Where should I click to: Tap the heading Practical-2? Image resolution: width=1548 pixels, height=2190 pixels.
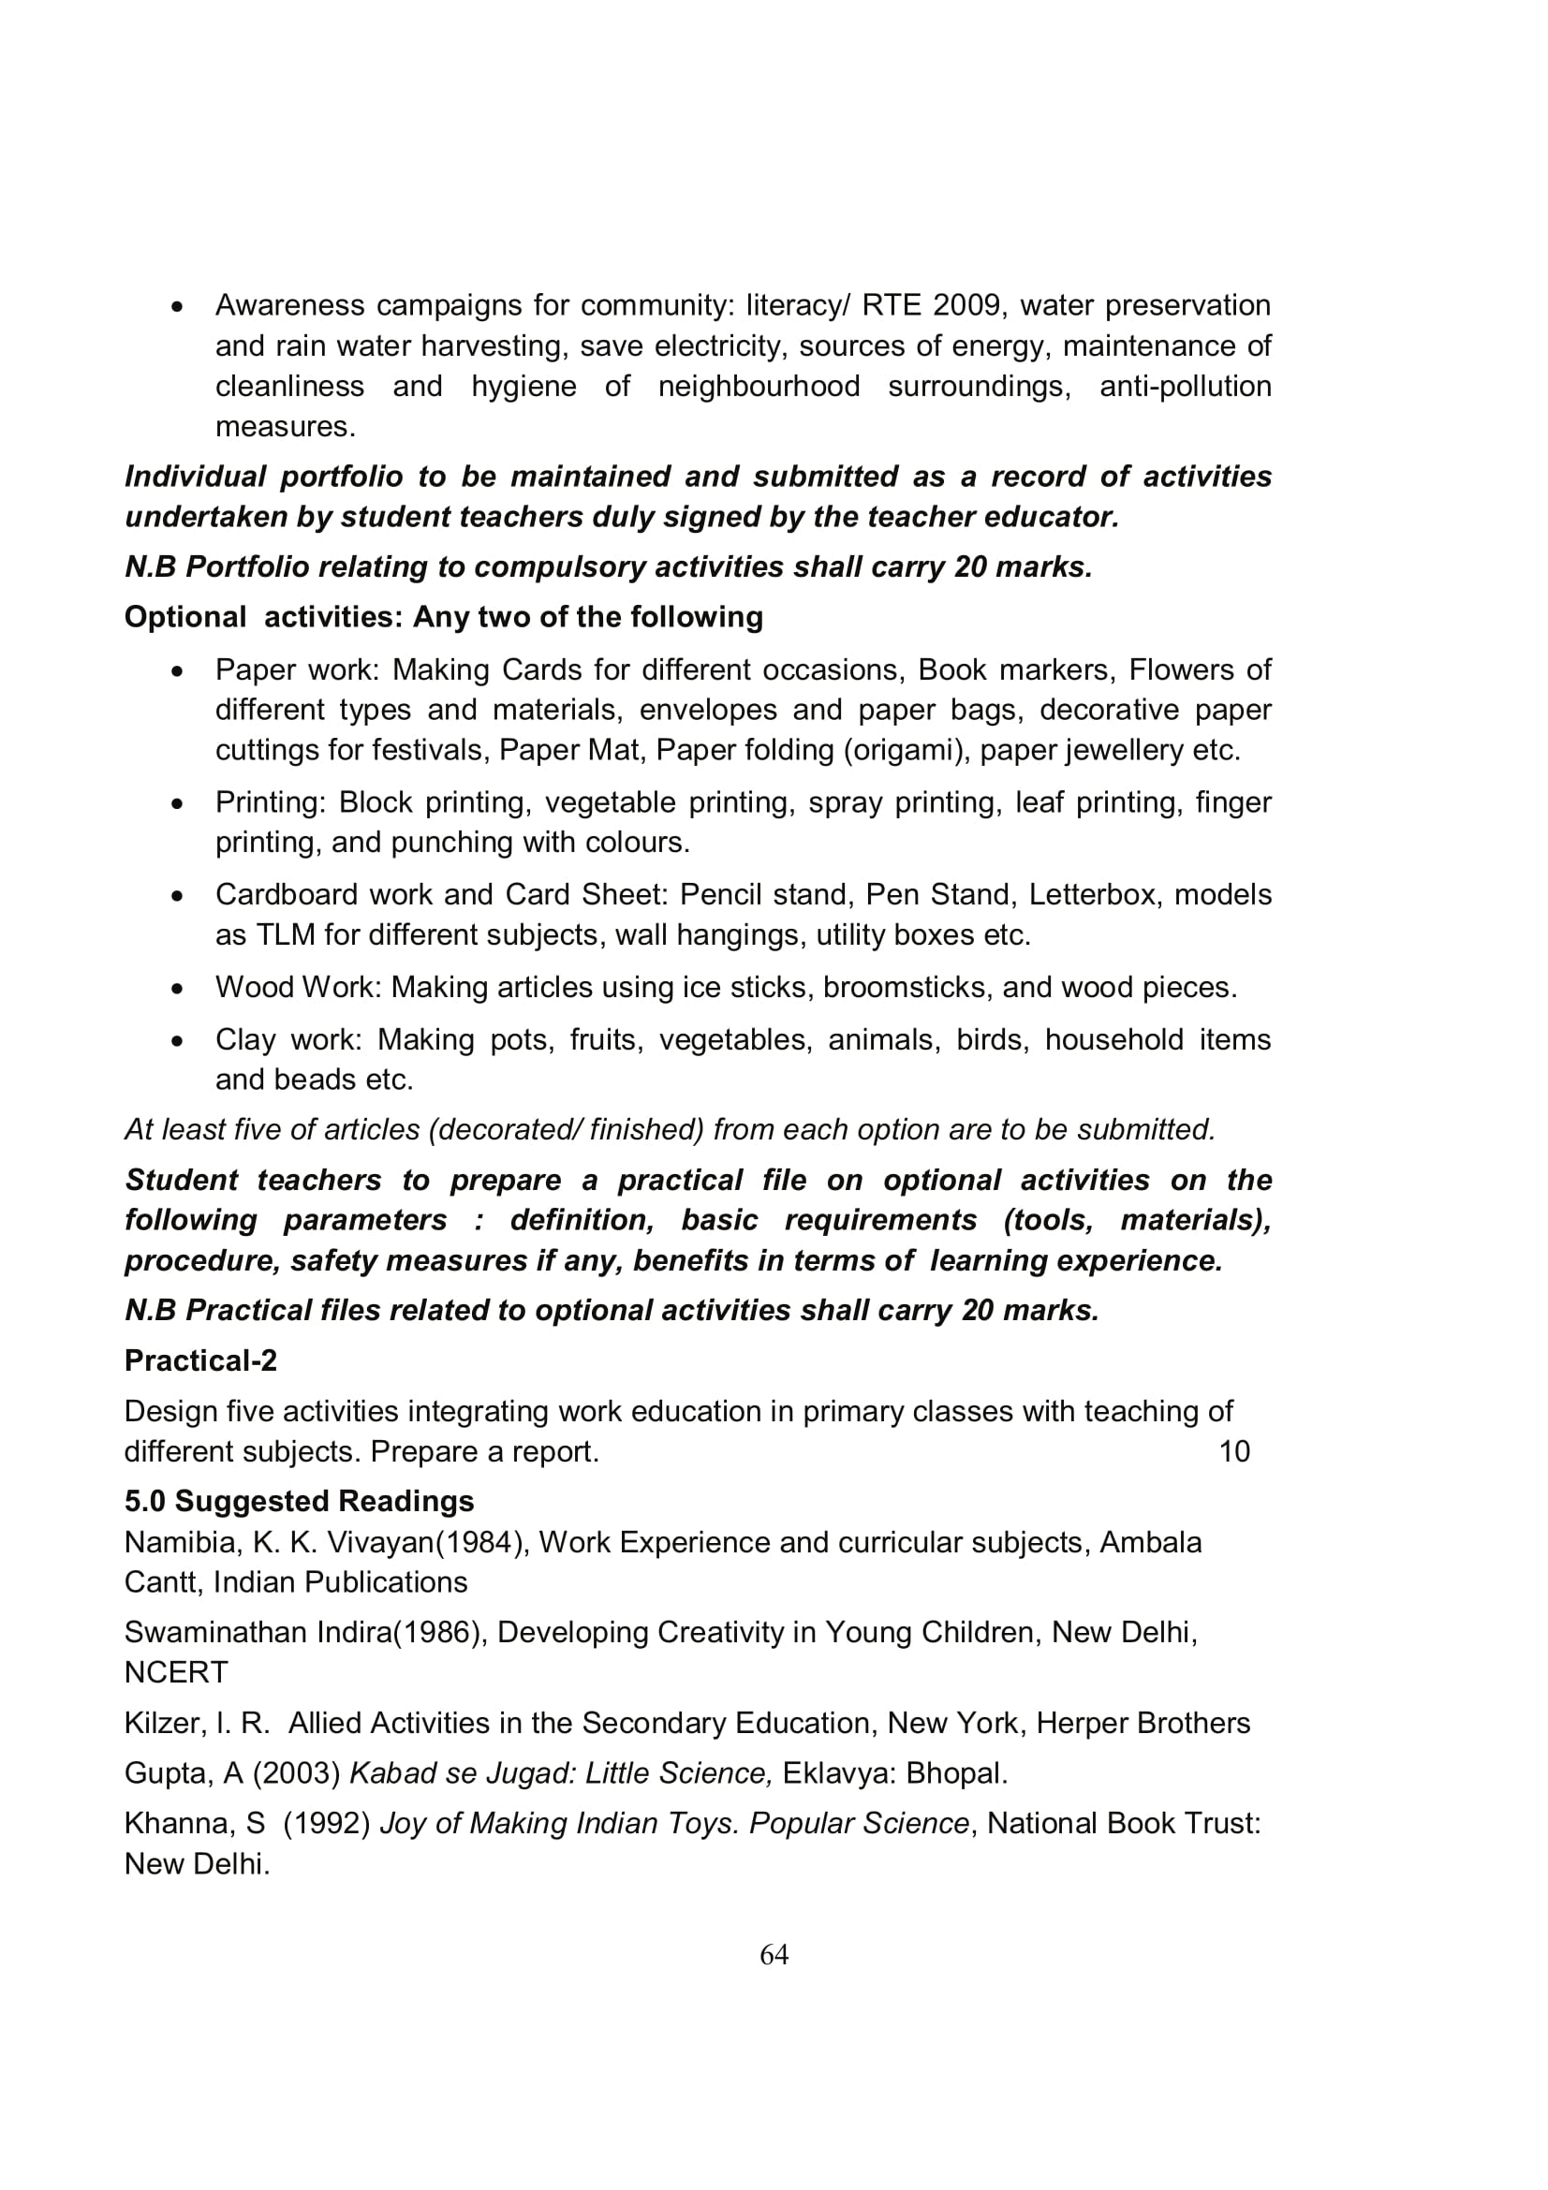coord(200,1360)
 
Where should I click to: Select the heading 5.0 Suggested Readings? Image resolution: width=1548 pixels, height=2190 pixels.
coord(299,1500)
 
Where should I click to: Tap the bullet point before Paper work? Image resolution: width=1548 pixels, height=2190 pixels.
coord(176,671)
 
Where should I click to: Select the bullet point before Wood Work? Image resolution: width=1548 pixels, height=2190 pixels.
coord(176,989)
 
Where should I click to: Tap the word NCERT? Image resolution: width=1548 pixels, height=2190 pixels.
coord(176,1672)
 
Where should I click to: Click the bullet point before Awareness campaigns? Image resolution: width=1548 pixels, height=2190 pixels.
coord(176,307)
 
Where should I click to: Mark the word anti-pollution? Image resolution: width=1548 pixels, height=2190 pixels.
coord(1185,387)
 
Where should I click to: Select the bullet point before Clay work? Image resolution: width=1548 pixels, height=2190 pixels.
coord(176,1041)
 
